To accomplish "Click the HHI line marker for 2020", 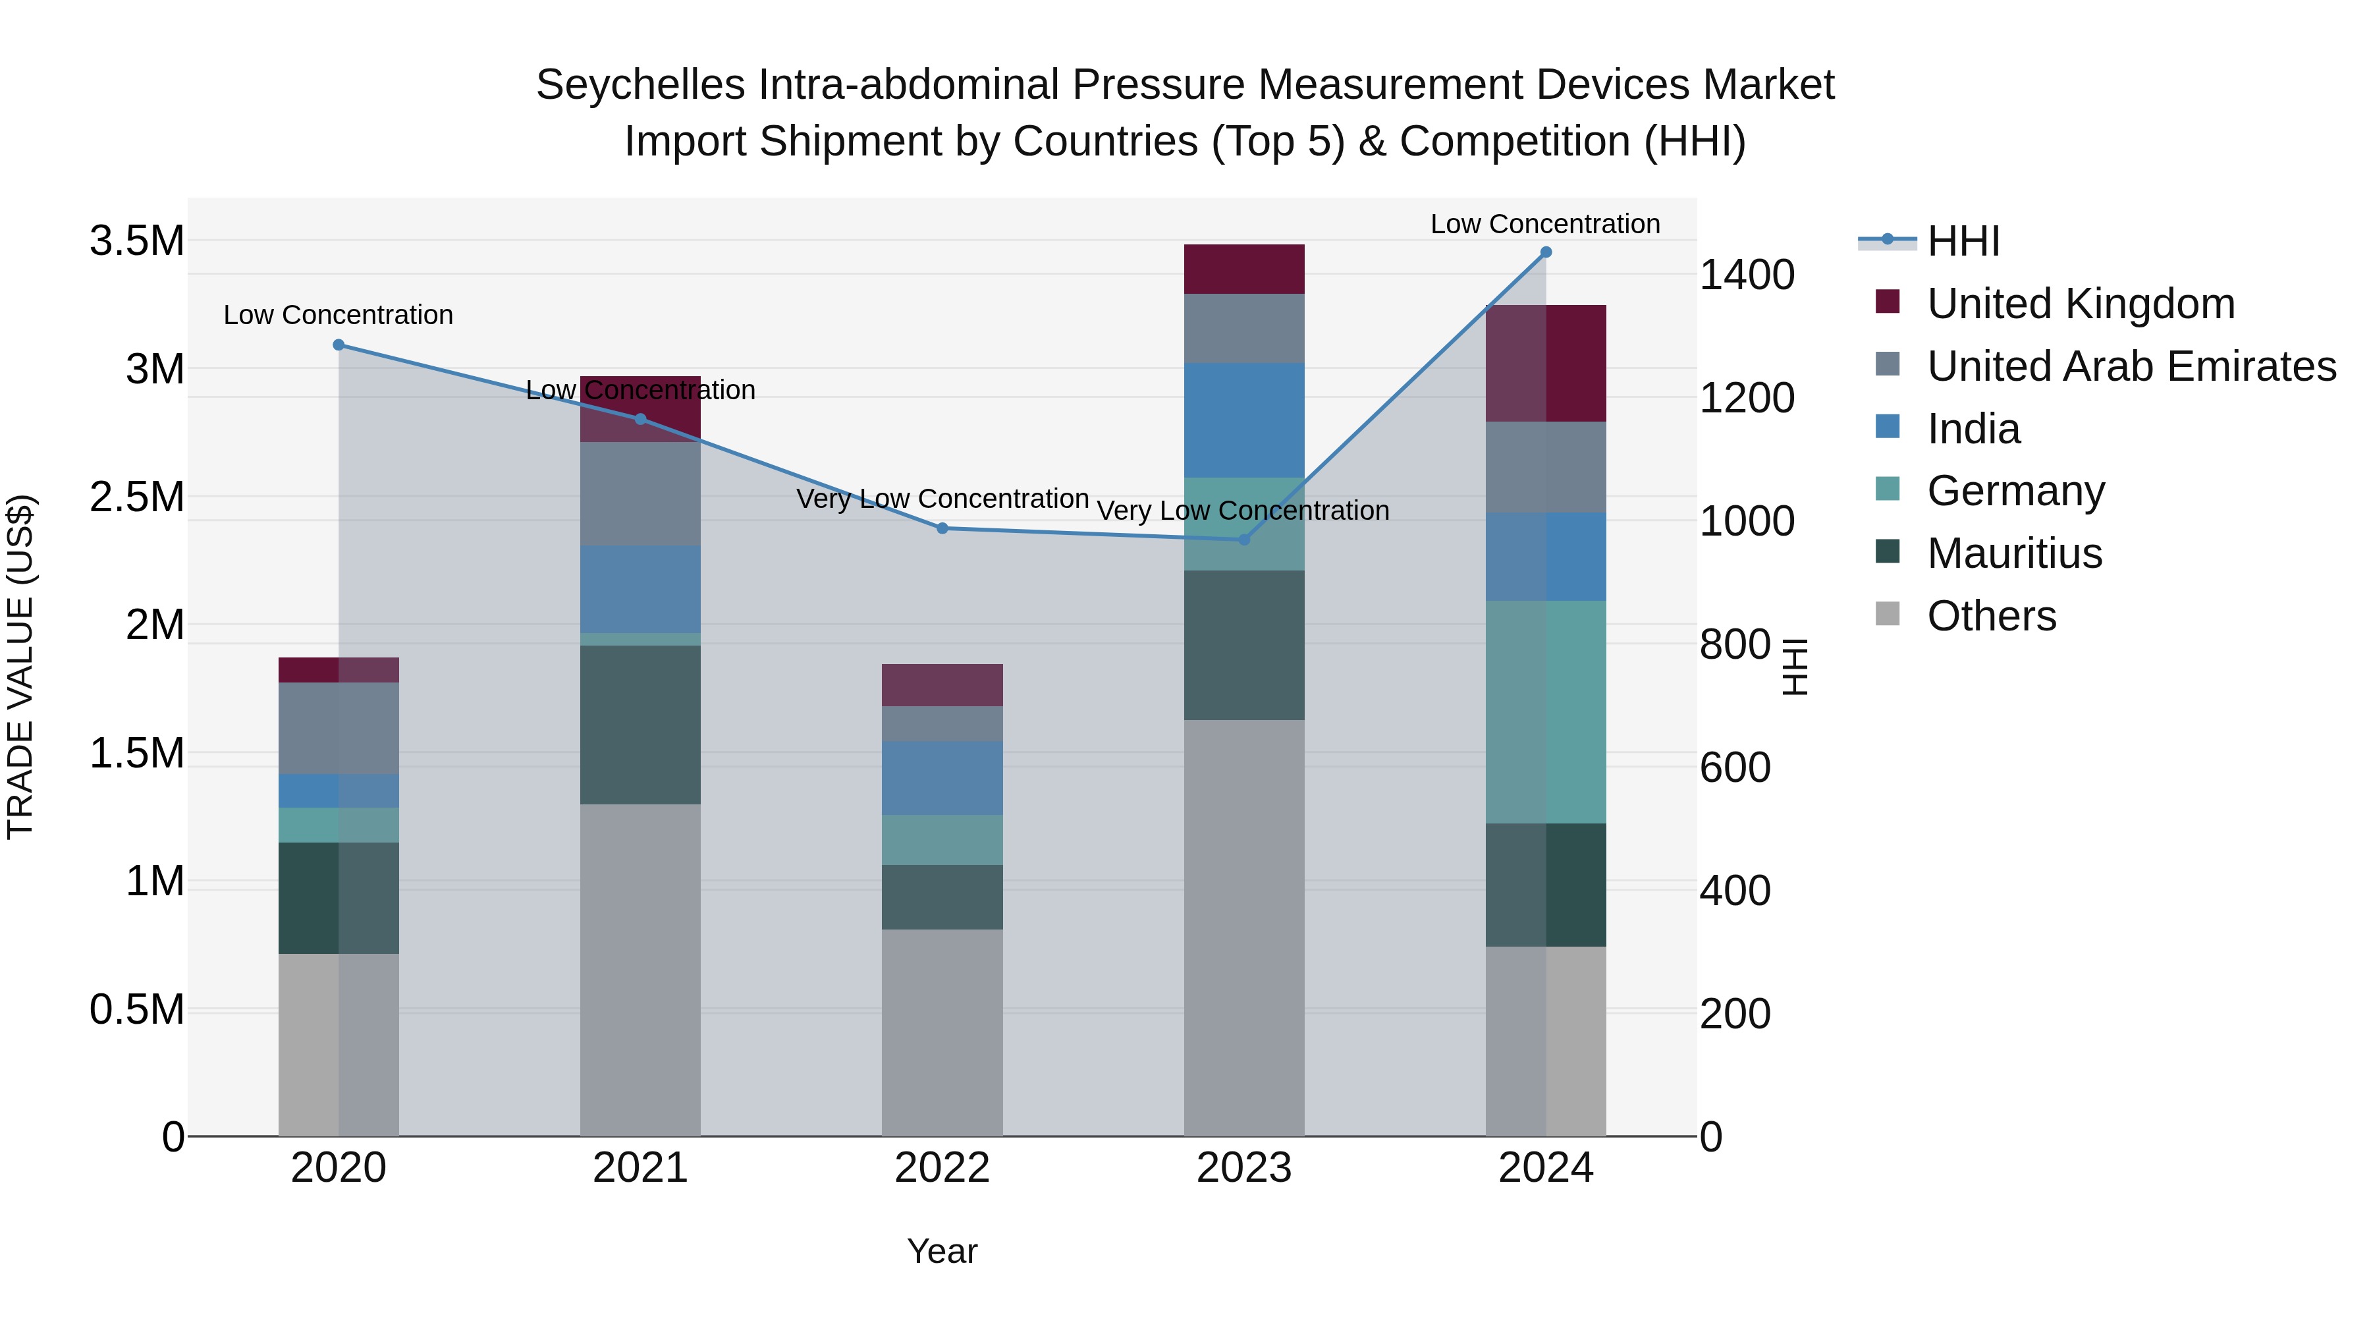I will click(x=339, y=345).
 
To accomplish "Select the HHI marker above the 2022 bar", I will click(x=942, y=528).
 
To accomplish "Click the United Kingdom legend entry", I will click(x=2079, y=304).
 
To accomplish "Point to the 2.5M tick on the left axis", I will click(x=136, y=497).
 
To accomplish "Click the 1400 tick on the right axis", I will click(x=1746, y=274).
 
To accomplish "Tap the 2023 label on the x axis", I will click(x=1243, y=1168).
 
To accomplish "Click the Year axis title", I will click(x=942, y=1251).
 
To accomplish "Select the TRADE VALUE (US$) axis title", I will click(x=20, y=667).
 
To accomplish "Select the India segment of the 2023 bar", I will click(x=1243, y=420).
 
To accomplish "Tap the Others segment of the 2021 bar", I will click(x=640, y=970).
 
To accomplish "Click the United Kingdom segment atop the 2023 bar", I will click(x=1243, y=269).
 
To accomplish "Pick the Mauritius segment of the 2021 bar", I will click(x=640, y=725).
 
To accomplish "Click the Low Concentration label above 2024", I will click(x=1544, y=224).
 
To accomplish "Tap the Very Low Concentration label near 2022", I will click(x=942, y=499).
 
